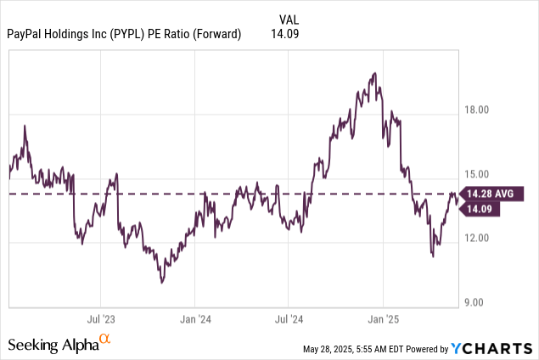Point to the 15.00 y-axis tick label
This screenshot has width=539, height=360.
click(x=480, y=174)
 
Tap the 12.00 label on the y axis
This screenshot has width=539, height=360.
click(x=480, y=238)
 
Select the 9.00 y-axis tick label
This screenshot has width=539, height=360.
click(x=481, y=301)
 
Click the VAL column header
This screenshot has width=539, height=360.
click(x=289, y=19)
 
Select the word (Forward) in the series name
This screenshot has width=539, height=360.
click(x=216, y=35)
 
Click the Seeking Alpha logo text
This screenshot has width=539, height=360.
click(x=52, y=345)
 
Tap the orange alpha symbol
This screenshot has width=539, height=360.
click(x=104, y=340)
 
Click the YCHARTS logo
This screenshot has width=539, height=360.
click(x=492, y=348)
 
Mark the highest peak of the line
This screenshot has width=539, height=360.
click(x=374, y=73)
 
